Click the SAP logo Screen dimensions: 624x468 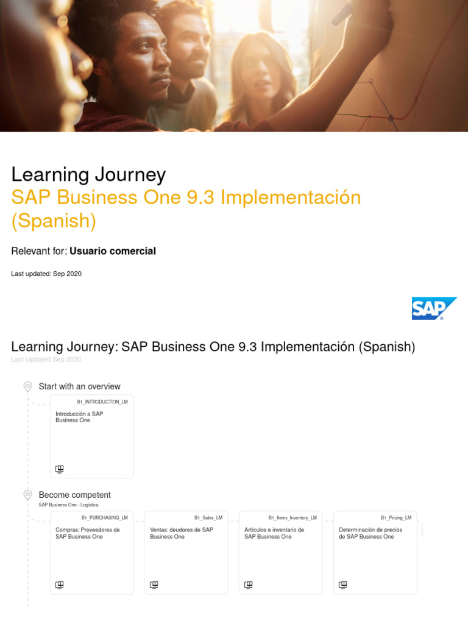pos(434,308)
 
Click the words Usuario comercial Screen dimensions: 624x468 pos(113,251)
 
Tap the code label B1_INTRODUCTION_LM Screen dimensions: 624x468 pos(102,402)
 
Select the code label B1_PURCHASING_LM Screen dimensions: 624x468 pos(104,518)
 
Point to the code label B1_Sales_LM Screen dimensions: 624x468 pos(208,518)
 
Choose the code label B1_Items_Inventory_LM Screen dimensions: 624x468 pos(292,518)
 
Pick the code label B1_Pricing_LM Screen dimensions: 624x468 pos(396,518)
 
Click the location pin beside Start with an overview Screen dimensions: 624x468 pos(27,386)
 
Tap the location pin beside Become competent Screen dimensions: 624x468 pos(27,495)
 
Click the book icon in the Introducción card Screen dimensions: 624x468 pos(60,469)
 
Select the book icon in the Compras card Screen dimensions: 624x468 pos(60,585)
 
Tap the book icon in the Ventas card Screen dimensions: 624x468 pos(154,585)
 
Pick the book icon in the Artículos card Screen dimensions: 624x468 pos(249,585)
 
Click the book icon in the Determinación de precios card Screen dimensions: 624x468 pos(343,585)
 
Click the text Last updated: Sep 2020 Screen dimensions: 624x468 pos(46,274)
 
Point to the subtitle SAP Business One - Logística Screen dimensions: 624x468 pos(68,505)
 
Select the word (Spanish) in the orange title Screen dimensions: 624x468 pos(54,221)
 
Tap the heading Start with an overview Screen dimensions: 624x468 pos(79,386)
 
